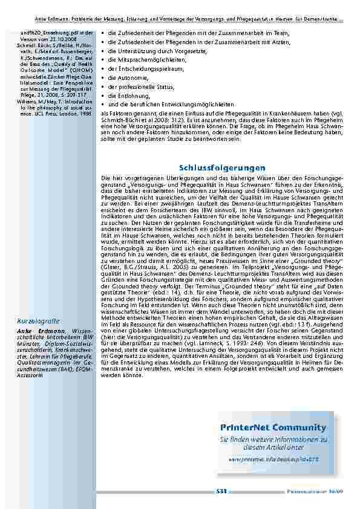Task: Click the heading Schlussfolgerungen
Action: pyautogui.click(x=222, y=167)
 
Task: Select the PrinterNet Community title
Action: pyautogui.click(x=273, y=428)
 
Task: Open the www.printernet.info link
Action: pyautogui.click(x=273, y=459)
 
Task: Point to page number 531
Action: pyautogui.click(x=221, y=491)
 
